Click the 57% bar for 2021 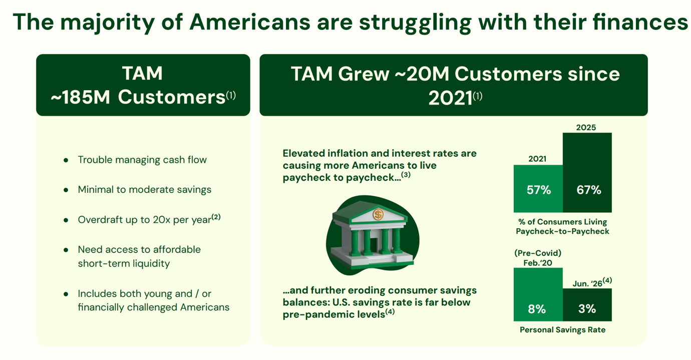pyautogui.click(x=538, y=189)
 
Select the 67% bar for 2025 pyautogui.click(x=587, y=173)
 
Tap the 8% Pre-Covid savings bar pyautogui.click(x=538, y=294)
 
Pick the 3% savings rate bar pyautogui.click(x=587, y=305)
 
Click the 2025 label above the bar pyautogui.click(x=586, y=127)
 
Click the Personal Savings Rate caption pyautogui.click(x=563, y=330)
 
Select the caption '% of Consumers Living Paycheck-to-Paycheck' pyautogui.click(x=563, y=226)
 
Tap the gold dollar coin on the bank pyautogui.click(x=378, y=214)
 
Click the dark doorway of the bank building pyautogui.click(x=374, y=244)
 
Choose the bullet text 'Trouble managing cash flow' pyautogui.click(x=142, y=160)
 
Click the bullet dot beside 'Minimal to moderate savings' pyautogui.click(x=66, y=190)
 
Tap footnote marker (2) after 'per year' pyautogui.click(x=216, y=217)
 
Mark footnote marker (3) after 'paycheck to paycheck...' pyautogui.click(x=406, y=175)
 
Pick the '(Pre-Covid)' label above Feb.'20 pyautogui.click(x=538, y=253)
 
